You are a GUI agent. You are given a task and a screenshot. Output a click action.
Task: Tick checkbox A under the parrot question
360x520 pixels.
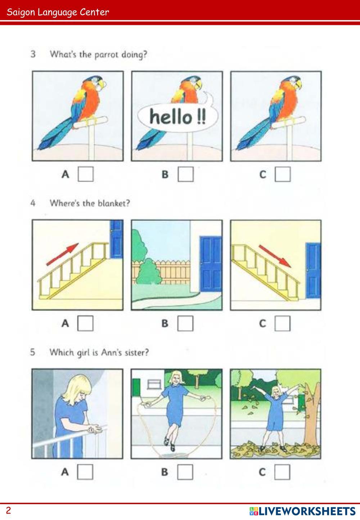tap(86, 174)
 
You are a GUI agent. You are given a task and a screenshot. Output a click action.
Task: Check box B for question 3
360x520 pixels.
tap(186, 174)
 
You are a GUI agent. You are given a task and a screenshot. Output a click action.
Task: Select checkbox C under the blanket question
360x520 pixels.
tap(283, 323)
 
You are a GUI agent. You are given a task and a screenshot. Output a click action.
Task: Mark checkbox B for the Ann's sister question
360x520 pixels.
tap(185, 472)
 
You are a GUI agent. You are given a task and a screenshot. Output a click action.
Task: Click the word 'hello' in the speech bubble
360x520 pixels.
tap(171, 116)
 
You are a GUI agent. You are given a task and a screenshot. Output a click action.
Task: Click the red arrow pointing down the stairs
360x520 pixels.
tap(275, 256)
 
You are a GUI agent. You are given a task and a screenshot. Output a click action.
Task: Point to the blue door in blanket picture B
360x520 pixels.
tap(211, 264)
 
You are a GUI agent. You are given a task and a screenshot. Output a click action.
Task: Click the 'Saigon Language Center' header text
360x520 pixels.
tap(58, 12)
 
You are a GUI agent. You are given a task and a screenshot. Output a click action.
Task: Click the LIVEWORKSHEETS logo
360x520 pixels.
tap(302, 511)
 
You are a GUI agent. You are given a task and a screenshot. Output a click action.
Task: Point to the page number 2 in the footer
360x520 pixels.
tap(8, 511)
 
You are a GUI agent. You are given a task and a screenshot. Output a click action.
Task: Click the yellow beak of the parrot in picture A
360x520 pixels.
tap(102, 84)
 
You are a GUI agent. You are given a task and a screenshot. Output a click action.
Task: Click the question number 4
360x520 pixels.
tap(33, 203)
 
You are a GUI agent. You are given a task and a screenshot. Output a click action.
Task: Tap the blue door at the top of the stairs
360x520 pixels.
tap(117, 239)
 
